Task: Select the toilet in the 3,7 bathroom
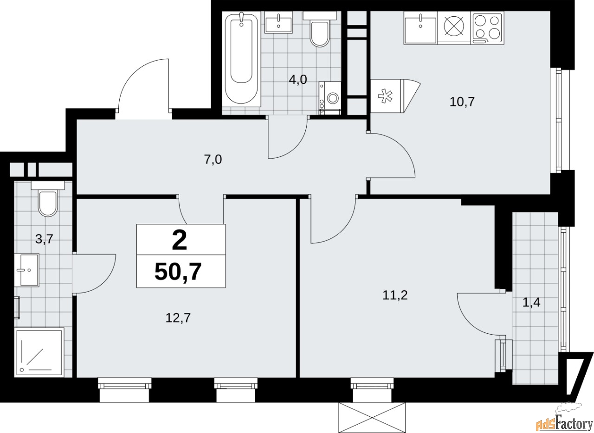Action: [48, 200]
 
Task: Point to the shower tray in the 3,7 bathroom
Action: [39, 351]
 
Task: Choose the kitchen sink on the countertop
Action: [420, 27]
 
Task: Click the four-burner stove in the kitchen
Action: [487, 27]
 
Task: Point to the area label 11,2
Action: [395, 295]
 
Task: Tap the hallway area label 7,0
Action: [213, 160]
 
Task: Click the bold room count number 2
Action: [180, 241]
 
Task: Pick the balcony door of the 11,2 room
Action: [483, 315]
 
